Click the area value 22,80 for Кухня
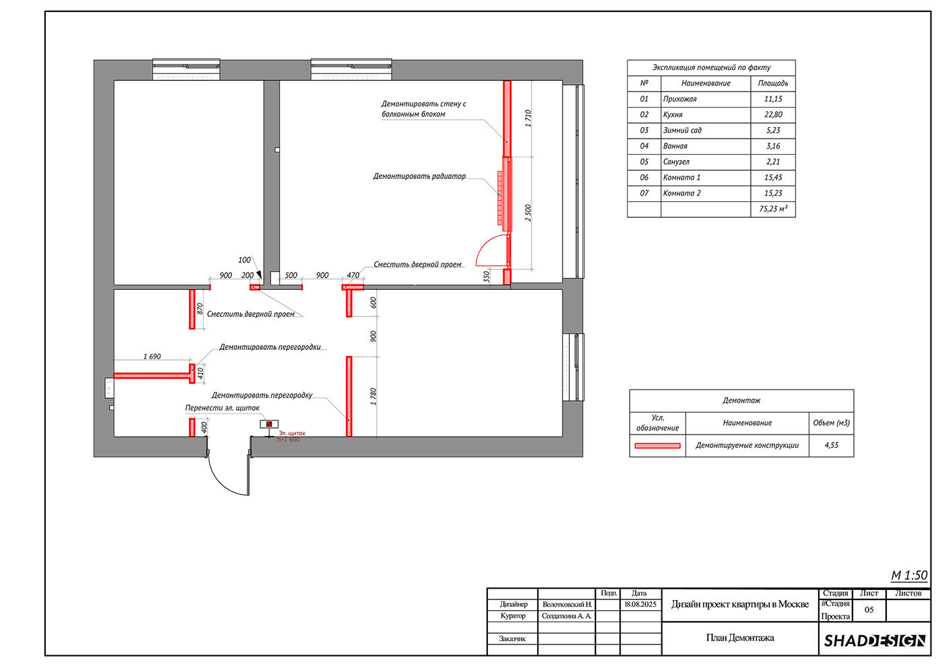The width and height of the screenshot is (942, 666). (x=773, y=115)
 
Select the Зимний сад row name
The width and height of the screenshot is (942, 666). (x=682, y=131)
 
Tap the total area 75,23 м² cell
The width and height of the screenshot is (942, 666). (x=773, y=209)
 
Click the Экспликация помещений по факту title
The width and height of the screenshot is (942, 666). (x=711, y=67)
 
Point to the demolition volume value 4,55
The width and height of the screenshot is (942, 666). (x=832, y=445)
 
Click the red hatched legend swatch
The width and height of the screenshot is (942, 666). (x=657, y=445)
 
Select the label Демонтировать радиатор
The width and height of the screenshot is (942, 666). (x=419, y=176)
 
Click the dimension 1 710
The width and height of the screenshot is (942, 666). (x=528, y=118)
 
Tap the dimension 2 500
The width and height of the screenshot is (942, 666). (x=528, y=213)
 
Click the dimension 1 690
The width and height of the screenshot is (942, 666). (x=152, y=357)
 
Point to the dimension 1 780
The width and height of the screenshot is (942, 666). (x=373, y=396)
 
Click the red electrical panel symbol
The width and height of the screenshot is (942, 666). (x=269, y=424)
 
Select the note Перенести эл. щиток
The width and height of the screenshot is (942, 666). (x=223, y=408)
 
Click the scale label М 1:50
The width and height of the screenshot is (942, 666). (x=909, y=575)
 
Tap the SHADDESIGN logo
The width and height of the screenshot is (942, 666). (x=875, y=640)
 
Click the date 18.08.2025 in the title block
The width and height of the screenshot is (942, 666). (x=640, y=604)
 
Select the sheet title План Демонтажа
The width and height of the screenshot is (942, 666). (x=740, y=638)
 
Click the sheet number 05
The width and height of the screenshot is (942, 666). (x=869, y=609)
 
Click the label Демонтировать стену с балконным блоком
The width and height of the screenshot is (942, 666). (x=423, y=109)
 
